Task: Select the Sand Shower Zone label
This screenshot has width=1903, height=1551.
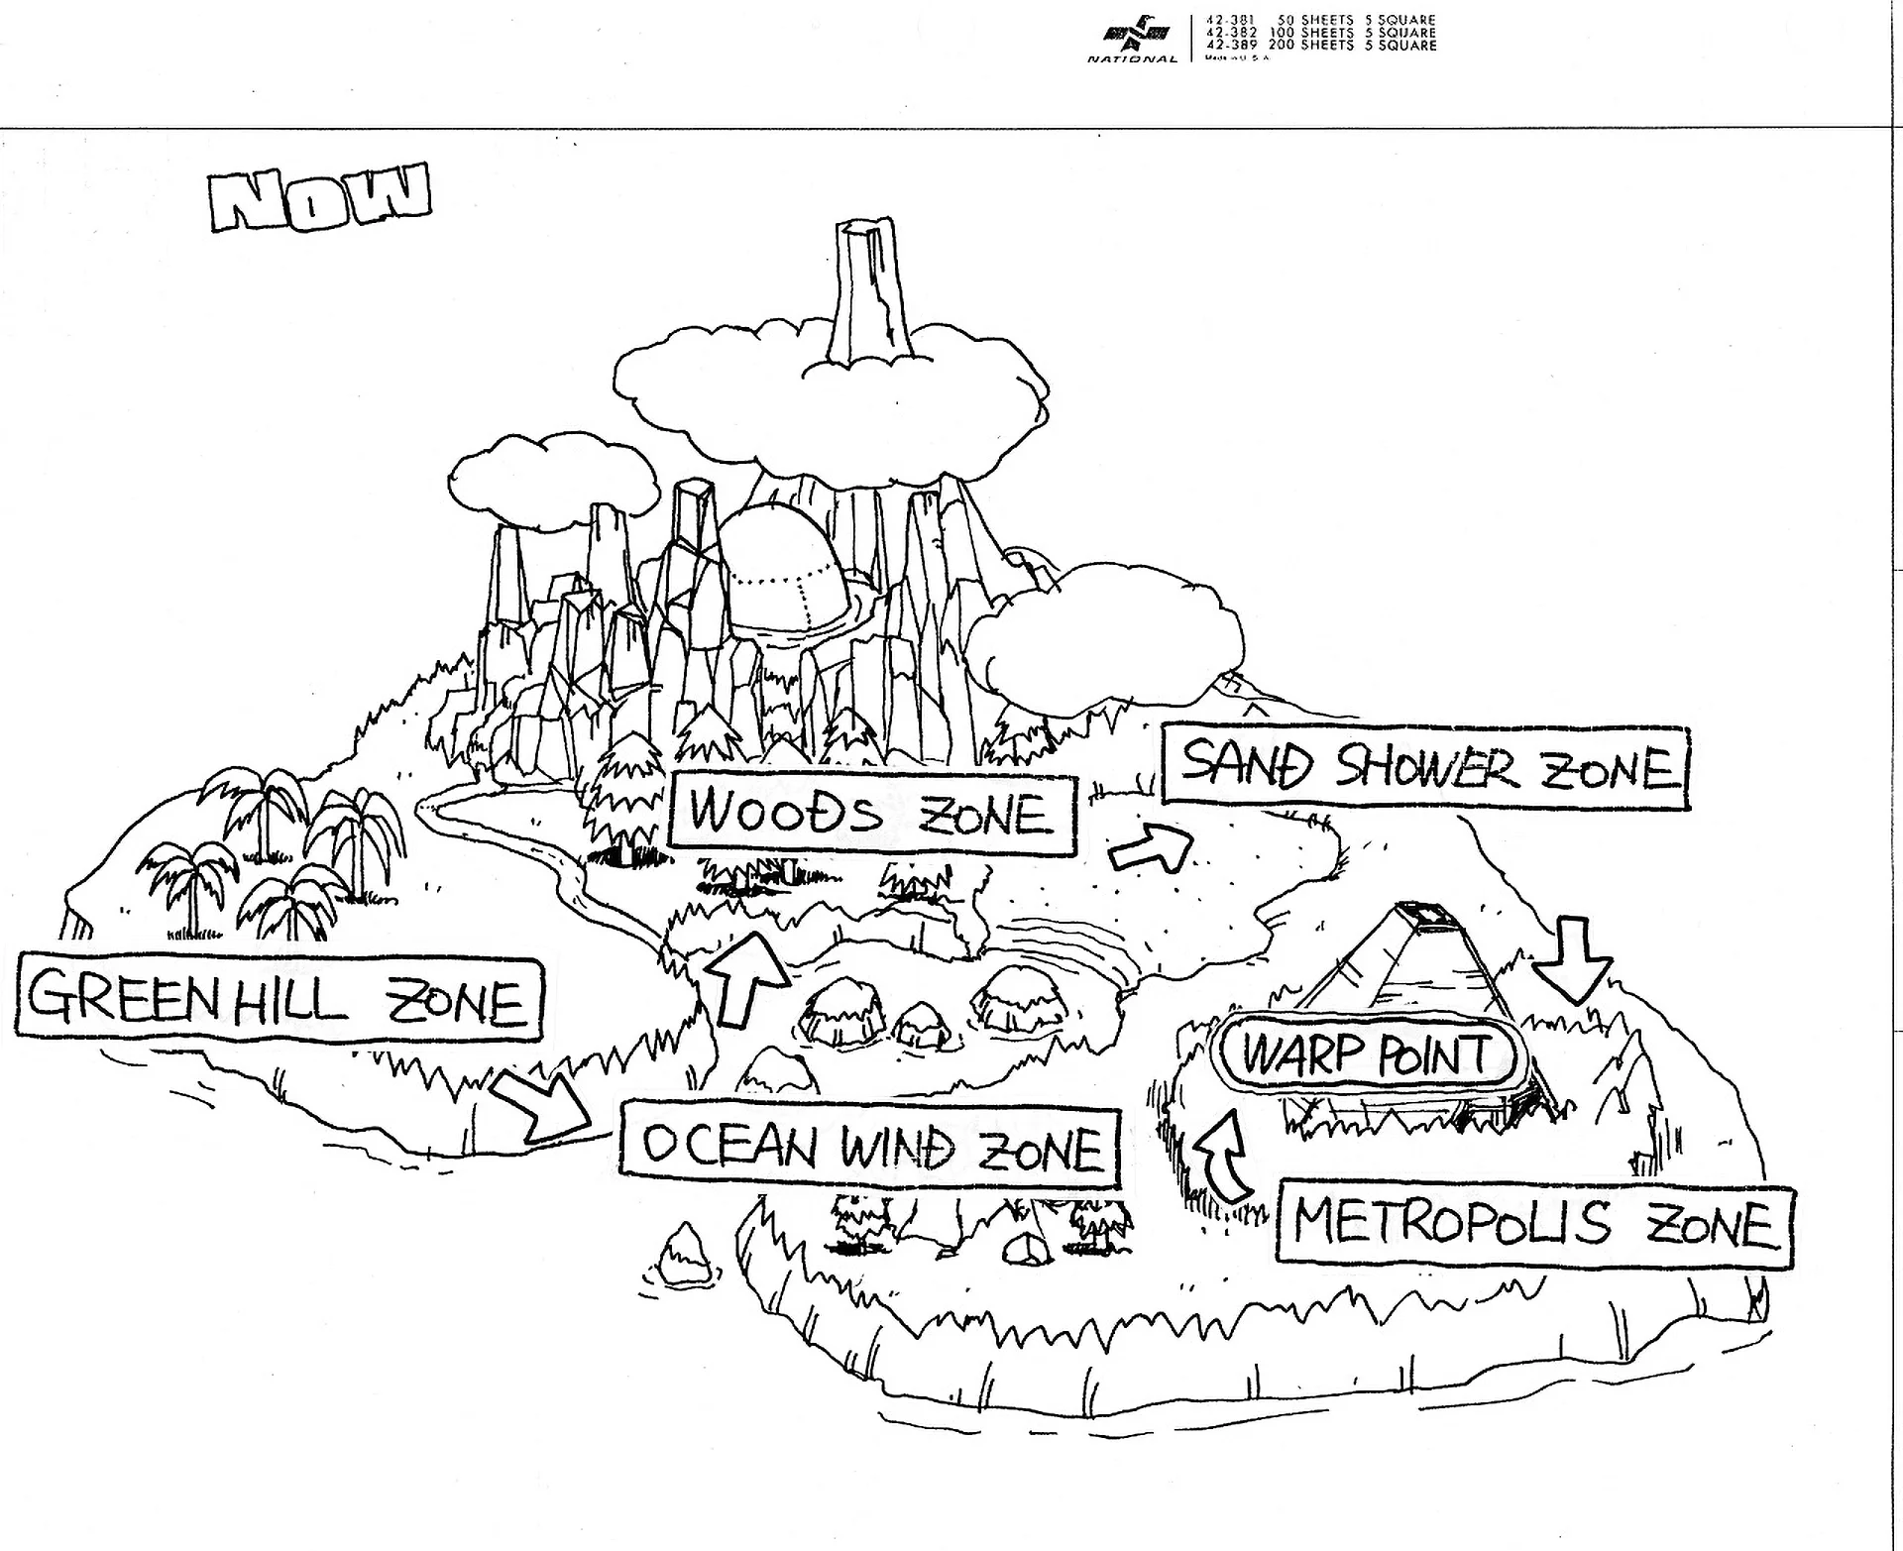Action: tap(1425, 766)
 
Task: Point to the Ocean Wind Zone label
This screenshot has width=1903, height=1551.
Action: tap(870, 1148)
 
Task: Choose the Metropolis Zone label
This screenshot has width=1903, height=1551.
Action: tap(1533, 1224)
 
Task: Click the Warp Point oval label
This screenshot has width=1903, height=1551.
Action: tap(1368, 1053)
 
